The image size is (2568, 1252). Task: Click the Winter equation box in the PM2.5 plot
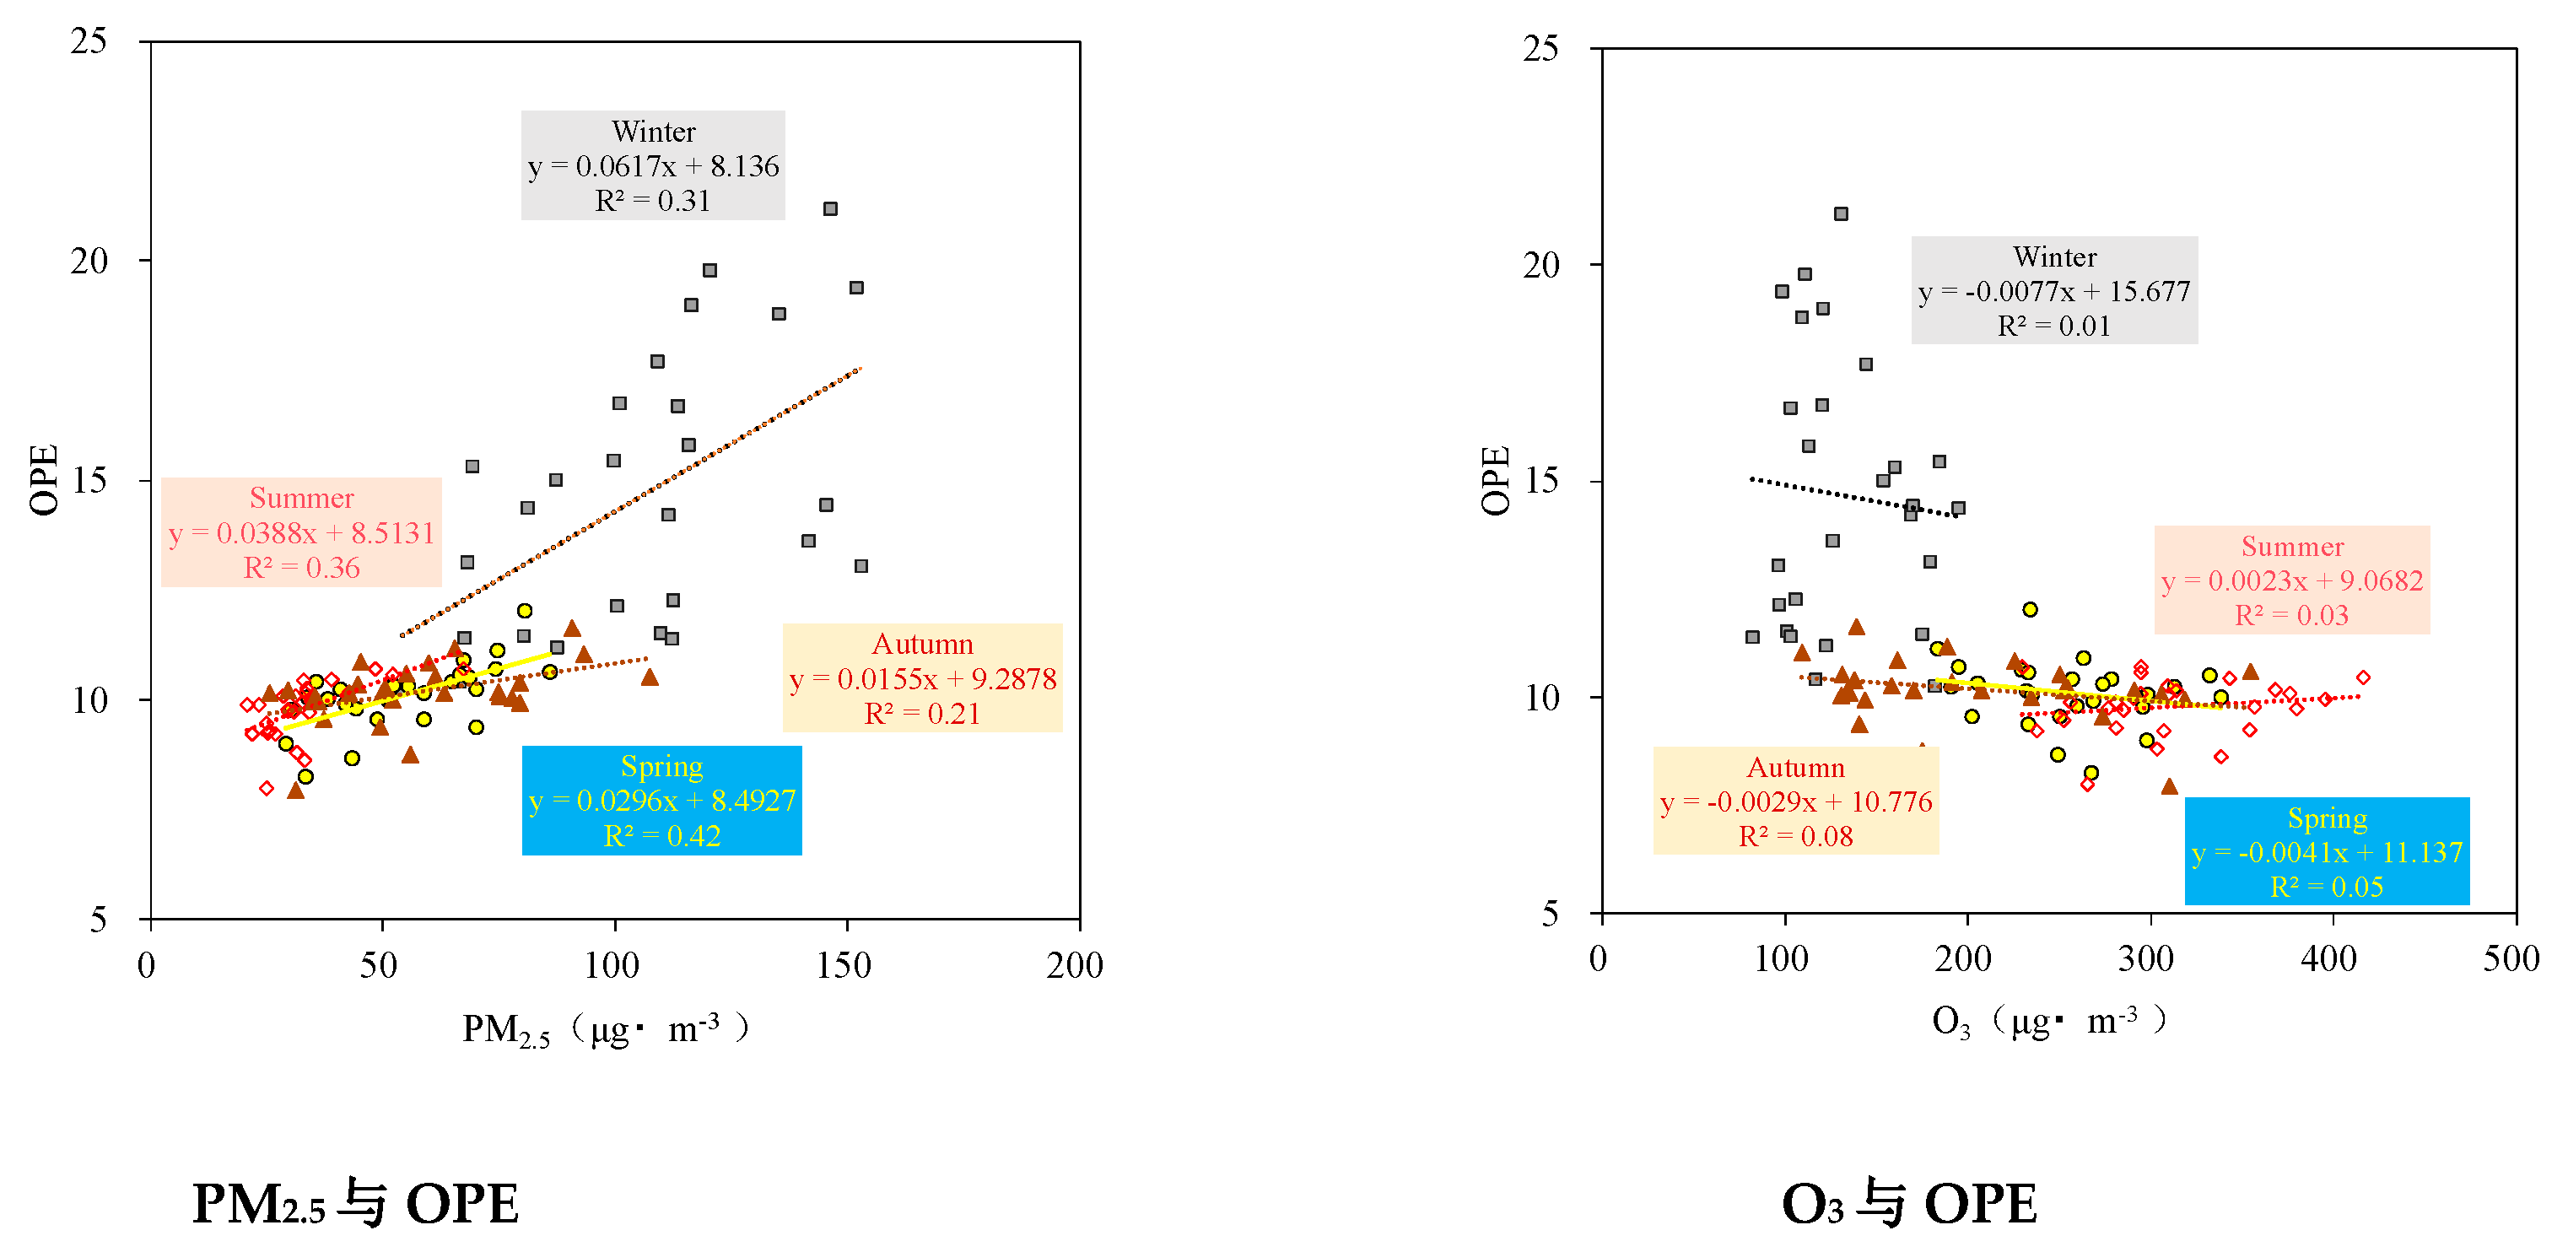coord(653,165)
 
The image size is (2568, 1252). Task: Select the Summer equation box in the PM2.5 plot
coord(301,532)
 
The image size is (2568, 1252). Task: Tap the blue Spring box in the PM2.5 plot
coord(662,801)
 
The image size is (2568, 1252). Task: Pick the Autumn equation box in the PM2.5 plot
coord(922,677)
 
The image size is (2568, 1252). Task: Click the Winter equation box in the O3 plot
coord(2054,290)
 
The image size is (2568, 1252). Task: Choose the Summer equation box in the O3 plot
coord(2292,580)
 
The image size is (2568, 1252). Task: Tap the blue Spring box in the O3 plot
coord(2327,851)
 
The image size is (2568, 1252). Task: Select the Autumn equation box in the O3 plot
coord(1795,801)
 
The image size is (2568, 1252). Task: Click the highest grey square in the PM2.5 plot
coord(830,208)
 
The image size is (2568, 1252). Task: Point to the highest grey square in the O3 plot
coord(1842,214)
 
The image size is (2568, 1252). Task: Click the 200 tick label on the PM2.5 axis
coord(1075,965)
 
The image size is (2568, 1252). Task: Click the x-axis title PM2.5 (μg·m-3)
coord(606,1028)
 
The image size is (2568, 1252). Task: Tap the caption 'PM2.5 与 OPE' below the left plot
coord(355,1203)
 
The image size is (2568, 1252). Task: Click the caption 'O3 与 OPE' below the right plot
coord(1909,1203)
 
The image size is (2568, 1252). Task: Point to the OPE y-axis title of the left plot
coord(44,479)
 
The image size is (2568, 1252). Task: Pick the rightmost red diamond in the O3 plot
coord(2363,677)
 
